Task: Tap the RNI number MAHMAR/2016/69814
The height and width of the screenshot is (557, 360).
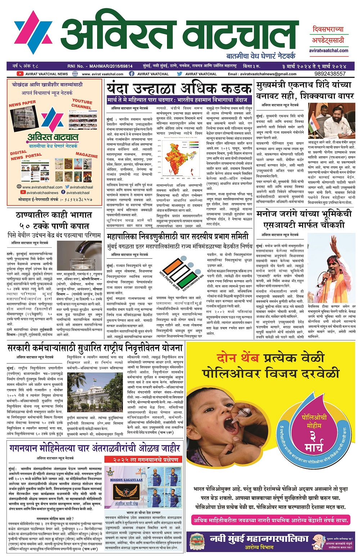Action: [x=100, y=66]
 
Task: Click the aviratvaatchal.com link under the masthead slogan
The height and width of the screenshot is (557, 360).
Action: [x=328, y=51]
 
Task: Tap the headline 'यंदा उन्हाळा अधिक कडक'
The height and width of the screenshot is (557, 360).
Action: [x=179, y=89]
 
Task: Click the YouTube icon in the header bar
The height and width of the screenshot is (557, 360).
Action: [x=20, y=74]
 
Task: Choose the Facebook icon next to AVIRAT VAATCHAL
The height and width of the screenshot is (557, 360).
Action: [x=132, y=74]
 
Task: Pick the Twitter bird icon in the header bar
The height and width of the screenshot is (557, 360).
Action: [x=180, y=74]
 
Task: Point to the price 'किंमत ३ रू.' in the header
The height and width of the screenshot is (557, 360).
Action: [x=252, y=66]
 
